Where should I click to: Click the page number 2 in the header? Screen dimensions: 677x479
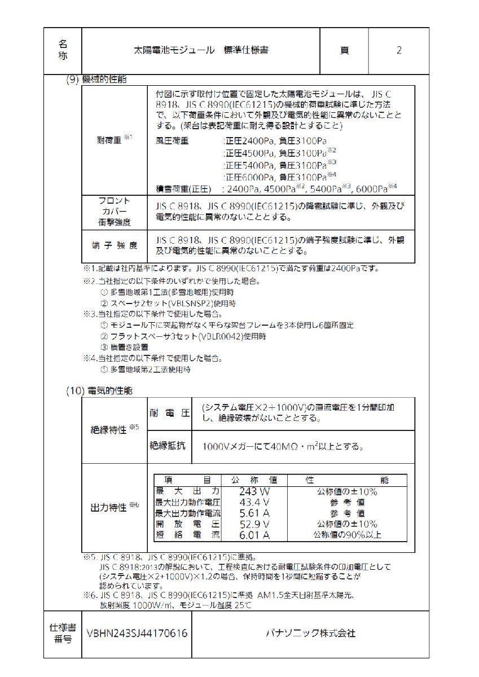399,51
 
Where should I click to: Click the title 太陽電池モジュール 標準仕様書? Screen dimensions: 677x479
197,50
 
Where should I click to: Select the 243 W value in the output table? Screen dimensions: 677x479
254,491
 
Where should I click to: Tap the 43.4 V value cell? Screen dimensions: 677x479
254,502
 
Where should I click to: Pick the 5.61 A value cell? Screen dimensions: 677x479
254,513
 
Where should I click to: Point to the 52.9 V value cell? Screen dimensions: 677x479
254,524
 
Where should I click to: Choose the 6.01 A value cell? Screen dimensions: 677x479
254,535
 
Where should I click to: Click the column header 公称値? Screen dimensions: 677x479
254,480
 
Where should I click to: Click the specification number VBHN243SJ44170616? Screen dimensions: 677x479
137,634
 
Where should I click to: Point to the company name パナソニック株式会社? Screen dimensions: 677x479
310,634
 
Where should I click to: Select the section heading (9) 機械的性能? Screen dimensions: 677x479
96,80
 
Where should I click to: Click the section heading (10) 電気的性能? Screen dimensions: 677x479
99,390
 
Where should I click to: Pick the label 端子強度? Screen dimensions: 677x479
113,245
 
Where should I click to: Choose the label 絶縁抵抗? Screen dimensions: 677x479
168,446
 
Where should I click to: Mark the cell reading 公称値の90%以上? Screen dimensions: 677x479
347,535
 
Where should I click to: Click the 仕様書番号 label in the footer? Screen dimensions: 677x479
62,634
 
